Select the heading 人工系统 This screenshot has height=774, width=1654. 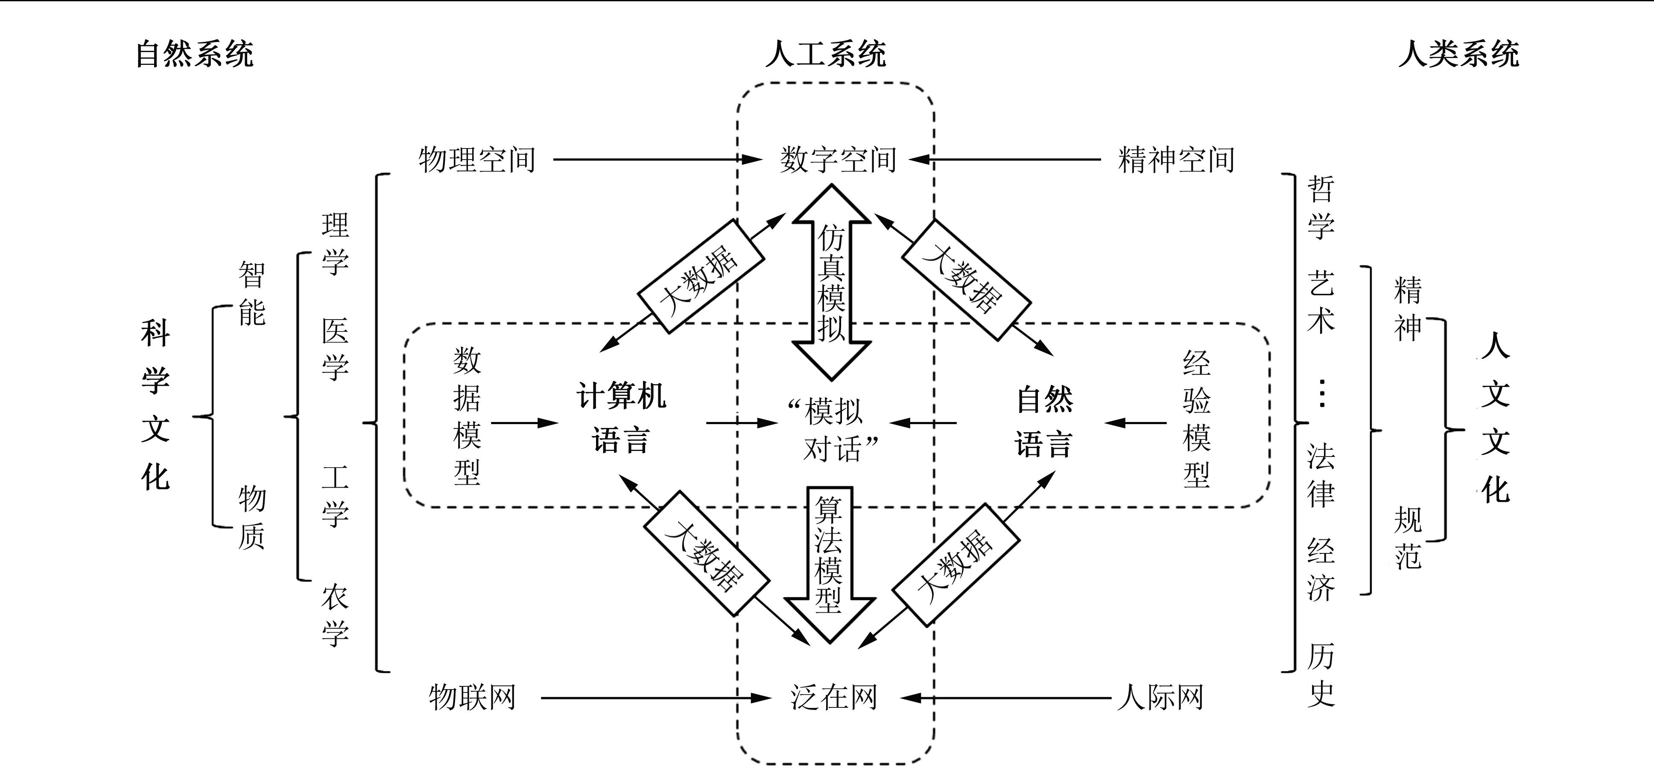(x=826, y=54)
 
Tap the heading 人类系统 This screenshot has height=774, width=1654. (x=1459, y=54)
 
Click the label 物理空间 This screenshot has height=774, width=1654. (x=476, y=159)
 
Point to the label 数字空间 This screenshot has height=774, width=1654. (x=838, y=159)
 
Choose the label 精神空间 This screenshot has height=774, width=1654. (x=1176, y=159)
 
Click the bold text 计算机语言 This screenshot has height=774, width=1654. (x=621, y=418)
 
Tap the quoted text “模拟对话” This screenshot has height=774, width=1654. (x=833, y=430)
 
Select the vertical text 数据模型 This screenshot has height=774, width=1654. (x=467, y=416)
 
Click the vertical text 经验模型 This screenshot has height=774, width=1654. (x=1196, y=419)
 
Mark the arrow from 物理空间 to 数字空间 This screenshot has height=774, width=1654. (x=655, y=159)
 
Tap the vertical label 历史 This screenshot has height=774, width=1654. (x=1321, y=675)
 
